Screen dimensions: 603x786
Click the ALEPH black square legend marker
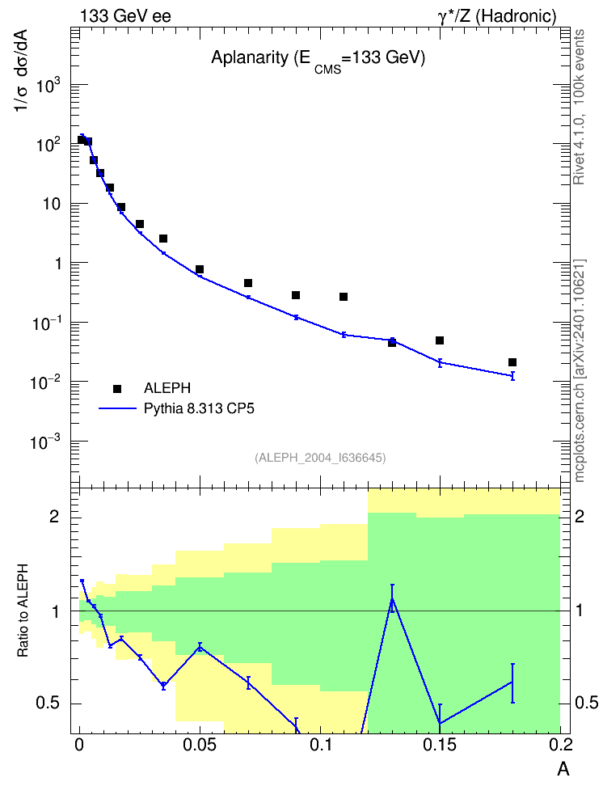point(117,388)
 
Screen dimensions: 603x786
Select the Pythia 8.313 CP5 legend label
point(199,408)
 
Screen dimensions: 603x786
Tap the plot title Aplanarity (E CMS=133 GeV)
point(318,59)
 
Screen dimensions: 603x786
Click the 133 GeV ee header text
point(125,16)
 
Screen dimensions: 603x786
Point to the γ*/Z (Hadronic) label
point(497,16)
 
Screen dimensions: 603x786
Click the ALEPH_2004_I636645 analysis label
point(320,458)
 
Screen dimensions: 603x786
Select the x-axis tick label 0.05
point(200,745)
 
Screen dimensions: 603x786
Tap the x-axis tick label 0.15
point(440,745)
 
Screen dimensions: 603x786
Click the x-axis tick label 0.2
point(560,745)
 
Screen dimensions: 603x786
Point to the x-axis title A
point(563,769)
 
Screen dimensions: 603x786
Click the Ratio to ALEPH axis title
point(23,611)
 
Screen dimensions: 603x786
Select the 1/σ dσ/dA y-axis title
point(23,70)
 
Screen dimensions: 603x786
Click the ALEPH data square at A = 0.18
point(512,362)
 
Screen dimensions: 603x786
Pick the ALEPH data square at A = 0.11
point(344,297)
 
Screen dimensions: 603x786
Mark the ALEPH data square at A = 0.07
point(247,283)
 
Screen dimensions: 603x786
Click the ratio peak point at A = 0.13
point(392,598)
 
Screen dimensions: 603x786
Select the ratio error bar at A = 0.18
point(512,682)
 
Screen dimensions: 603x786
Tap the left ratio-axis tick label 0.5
point(48,704)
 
